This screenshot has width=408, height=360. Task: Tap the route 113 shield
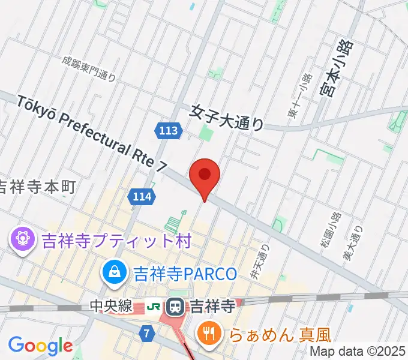169,130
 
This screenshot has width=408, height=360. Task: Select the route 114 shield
142,195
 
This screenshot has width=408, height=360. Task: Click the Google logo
40,346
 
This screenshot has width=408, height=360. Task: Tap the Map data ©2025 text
358,351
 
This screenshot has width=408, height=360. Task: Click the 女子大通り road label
227,117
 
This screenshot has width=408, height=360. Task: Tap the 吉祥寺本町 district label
37,187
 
